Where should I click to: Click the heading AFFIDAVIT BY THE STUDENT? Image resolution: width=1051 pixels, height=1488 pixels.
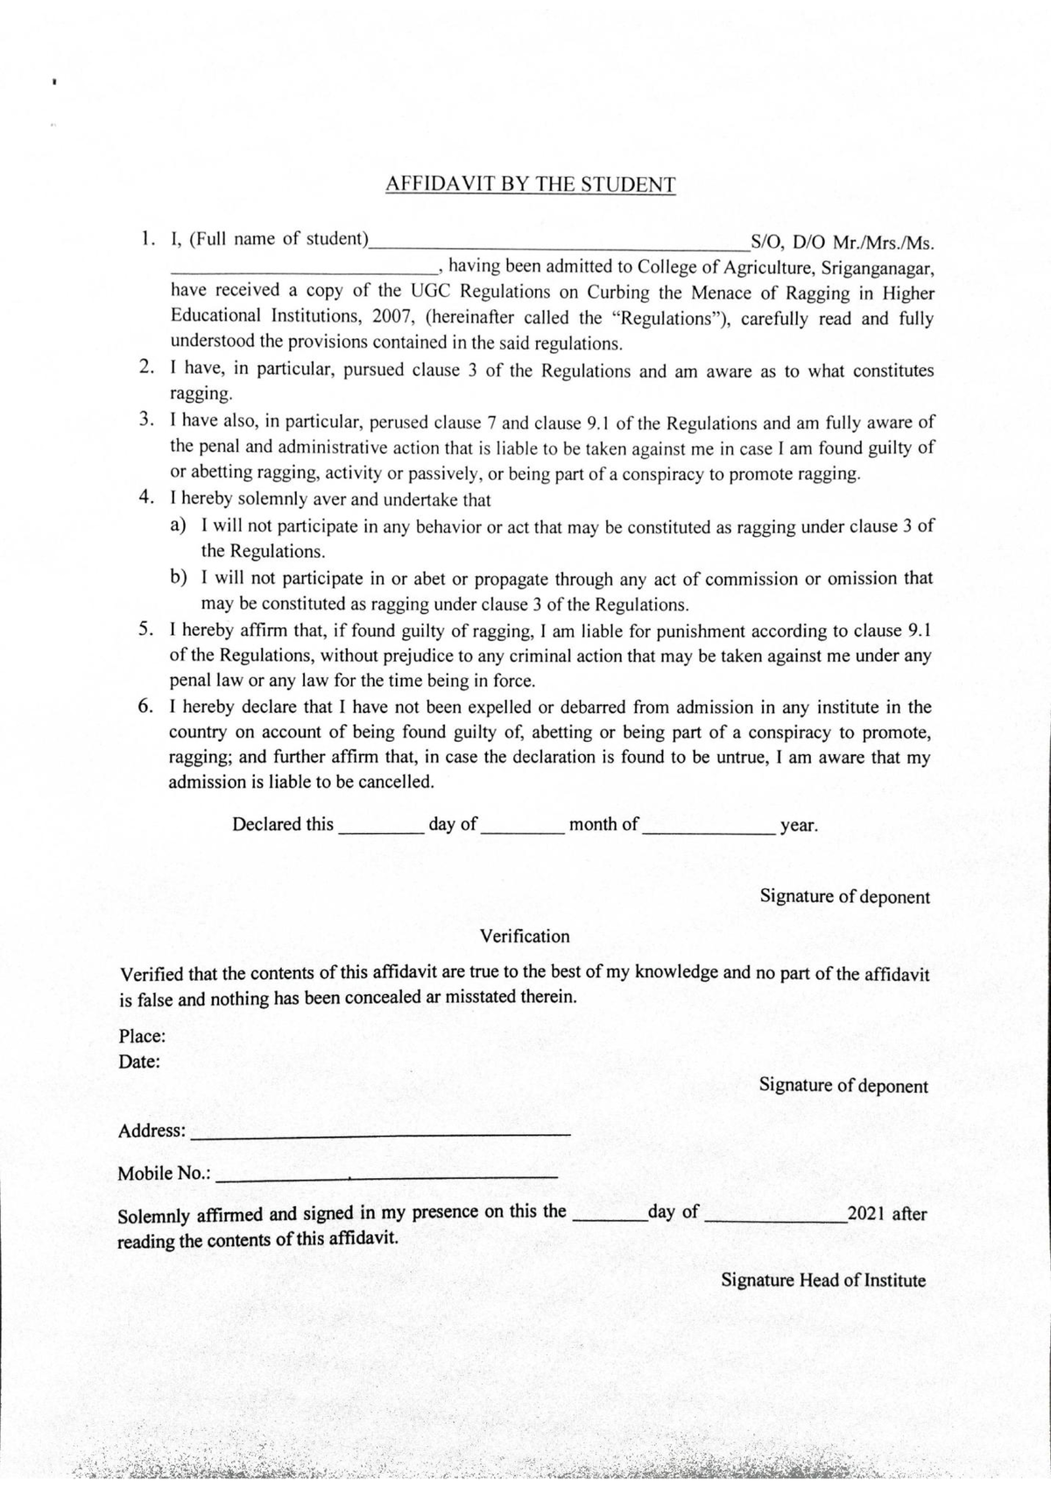pyautogui.click(x=530, y=185)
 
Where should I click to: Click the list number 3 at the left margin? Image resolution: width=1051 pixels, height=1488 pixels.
pyautogui.click(x=146, y=420)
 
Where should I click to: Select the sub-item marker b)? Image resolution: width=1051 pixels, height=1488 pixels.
pyautogui.click(x=179, y=578)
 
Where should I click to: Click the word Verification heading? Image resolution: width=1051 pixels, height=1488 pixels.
pyautogui.click(x=525, y=936)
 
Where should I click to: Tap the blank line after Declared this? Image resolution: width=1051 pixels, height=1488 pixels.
pyautogui.click(x=381, y=833)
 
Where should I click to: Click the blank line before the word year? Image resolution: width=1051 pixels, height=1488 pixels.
pyautogui.click(x=709, y=833)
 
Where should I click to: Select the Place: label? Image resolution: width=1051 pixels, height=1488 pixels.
pyautogui.click(x=142, y=1037)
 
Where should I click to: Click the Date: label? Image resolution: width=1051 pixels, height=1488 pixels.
pyautogui.click(x=139, y=1062)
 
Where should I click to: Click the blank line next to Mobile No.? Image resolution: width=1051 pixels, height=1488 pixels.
pyautogui.click(x=385, y=1176)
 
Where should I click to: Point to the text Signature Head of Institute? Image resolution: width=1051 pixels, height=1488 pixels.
pyautogui.click(x=822, y=1280)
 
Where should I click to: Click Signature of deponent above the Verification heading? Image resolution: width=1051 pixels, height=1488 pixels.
pyautogui.click(x=844, y=897)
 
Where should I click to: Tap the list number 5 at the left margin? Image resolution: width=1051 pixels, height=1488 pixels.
pyautogui.click(x=146, y=629)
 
